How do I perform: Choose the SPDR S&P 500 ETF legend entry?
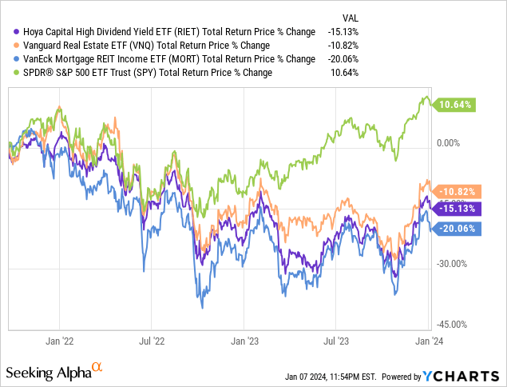point(144,72)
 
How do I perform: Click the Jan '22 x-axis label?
point(61,340)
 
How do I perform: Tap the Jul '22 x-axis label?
point(152,340)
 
